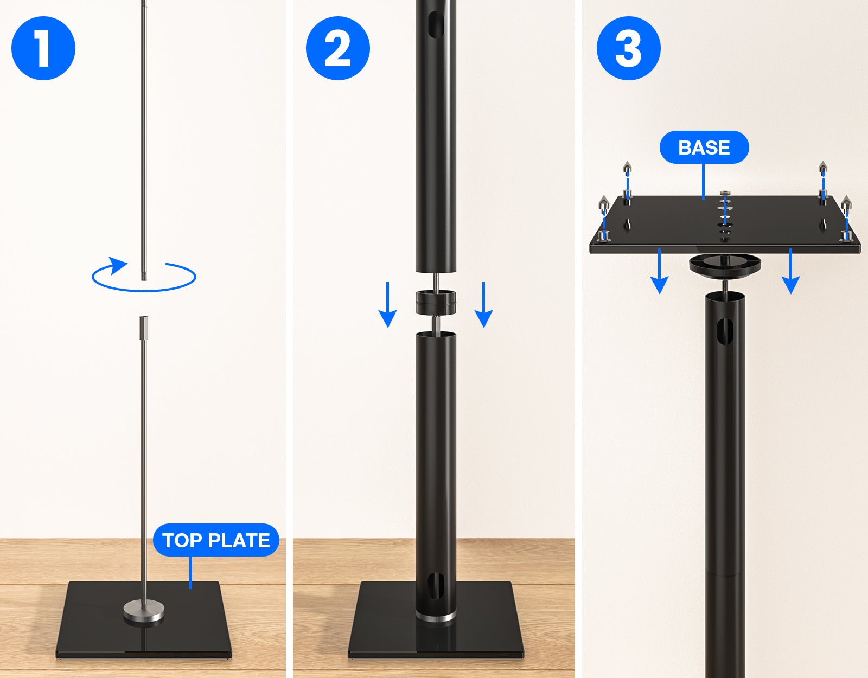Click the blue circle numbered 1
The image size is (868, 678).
click(x=43, y=48)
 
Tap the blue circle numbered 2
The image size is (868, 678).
click(x=338, y=48)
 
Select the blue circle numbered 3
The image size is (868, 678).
click(x=629, y=48)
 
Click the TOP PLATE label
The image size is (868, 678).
click(x=216, y=540)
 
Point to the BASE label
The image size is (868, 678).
click(x=704, y=148)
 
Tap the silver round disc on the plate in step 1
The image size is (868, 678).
click(x=144, y=611)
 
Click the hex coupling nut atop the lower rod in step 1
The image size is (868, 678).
click(x=144, y=328)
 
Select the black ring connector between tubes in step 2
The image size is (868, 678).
click(x=436, y=303)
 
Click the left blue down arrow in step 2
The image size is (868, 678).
click(x=387, y=305)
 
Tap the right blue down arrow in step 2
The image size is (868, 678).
click(x=484, y=305)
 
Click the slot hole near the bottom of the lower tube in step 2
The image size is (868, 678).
click(x=436, y=586)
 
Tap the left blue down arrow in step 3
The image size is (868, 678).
click(x=660, y=271)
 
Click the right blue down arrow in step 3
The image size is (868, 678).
click(x=790, y=271)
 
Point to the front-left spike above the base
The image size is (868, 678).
click(x=604, y=203)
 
